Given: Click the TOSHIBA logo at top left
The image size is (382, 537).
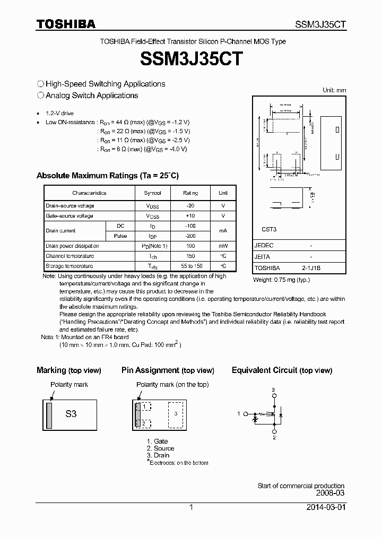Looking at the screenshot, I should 66,24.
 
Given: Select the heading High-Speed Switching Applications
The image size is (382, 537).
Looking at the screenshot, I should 105,84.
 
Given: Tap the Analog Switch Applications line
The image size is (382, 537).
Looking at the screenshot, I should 92,96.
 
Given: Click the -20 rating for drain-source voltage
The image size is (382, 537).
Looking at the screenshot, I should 190,206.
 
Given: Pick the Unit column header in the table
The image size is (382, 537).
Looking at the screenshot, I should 223,193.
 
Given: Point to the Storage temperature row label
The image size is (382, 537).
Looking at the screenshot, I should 70,266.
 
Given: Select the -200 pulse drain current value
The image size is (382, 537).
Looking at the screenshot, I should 190,236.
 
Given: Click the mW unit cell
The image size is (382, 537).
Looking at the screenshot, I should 223,246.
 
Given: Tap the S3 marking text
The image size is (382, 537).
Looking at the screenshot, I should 71,414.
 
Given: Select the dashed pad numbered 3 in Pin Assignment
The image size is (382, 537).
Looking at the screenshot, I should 177,414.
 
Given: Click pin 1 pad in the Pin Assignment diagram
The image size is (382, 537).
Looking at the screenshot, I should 144,406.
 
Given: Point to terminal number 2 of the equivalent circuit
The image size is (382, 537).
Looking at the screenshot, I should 274,438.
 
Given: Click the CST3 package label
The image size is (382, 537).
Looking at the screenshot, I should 269,230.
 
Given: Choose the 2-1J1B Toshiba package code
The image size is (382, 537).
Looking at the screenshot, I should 311,268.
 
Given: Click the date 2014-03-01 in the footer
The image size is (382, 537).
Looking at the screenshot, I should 325,507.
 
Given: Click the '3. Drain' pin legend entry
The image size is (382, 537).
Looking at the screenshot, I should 158,455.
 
